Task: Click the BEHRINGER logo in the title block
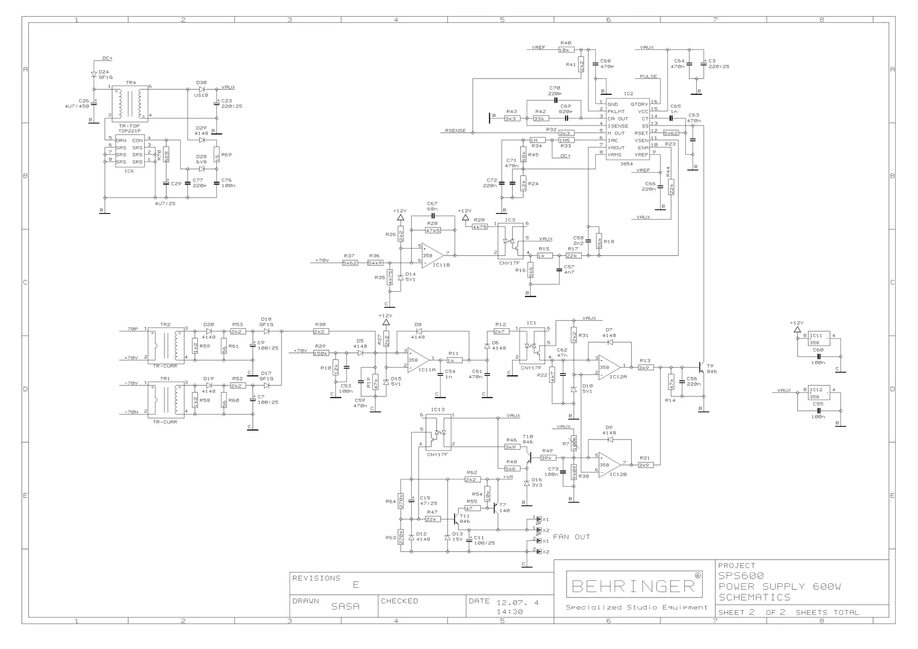[634, 585]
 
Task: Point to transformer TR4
[130, 103]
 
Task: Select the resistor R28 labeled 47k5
[433, 230]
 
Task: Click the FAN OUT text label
[571, 537]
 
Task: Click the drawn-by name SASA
[345, 606]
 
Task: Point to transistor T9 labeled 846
[701, 367]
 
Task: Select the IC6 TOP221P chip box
[130, 151]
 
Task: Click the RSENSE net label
[455, 131]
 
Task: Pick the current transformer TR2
[165, 344]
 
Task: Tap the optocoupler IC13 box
[437, 433]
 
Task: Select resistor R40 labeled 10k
[566, 50]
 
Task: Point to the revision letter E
[356, 584]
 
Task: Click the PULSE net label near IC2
[648, 77]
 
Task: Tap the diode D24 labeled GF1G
[94, 75]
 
